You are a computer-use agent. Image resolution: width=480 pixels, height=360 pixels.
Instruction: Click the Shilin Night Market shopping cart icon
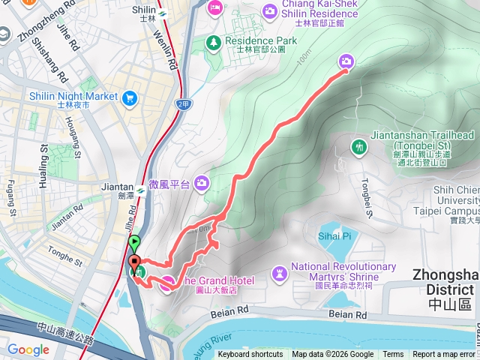click(x=131, y=97)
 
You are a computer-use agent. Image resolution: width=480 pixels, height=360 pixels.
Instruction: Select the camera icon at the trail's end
click(x=346, y=61)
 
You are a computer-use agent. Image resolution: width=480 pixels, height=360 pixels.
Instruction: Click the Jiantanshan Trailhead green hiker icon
click(x=358, y=146)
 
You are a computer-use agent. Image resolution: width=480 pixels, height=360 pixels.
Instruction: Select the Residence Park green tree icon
click(x=214, y=41)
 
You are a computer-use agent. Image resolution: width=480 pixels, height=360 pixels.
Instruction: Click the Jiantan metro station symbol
click(x=140, y=190)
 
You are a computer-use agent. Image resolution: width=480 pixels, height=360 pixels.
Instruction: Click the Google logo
click(x=28, y=349)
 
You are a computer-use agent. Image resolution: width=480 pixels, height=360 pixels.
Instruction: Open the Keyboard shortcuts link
click(x=250, y=355)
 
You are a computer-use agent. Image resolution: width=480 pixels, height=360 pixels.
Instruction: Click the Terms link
click(x=393, y=355)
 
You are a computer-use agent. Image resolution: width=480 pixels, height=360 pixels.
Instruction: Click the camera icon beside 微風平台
click(x=201, y=182)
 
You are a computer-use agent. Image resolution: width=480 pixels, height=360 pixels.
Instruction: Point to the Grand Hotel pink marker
click(x=166, y=281)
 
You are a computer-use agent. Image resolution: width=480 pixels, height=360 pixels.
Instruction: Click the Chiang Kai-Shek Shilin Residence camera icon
click(x=269, y=10)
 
